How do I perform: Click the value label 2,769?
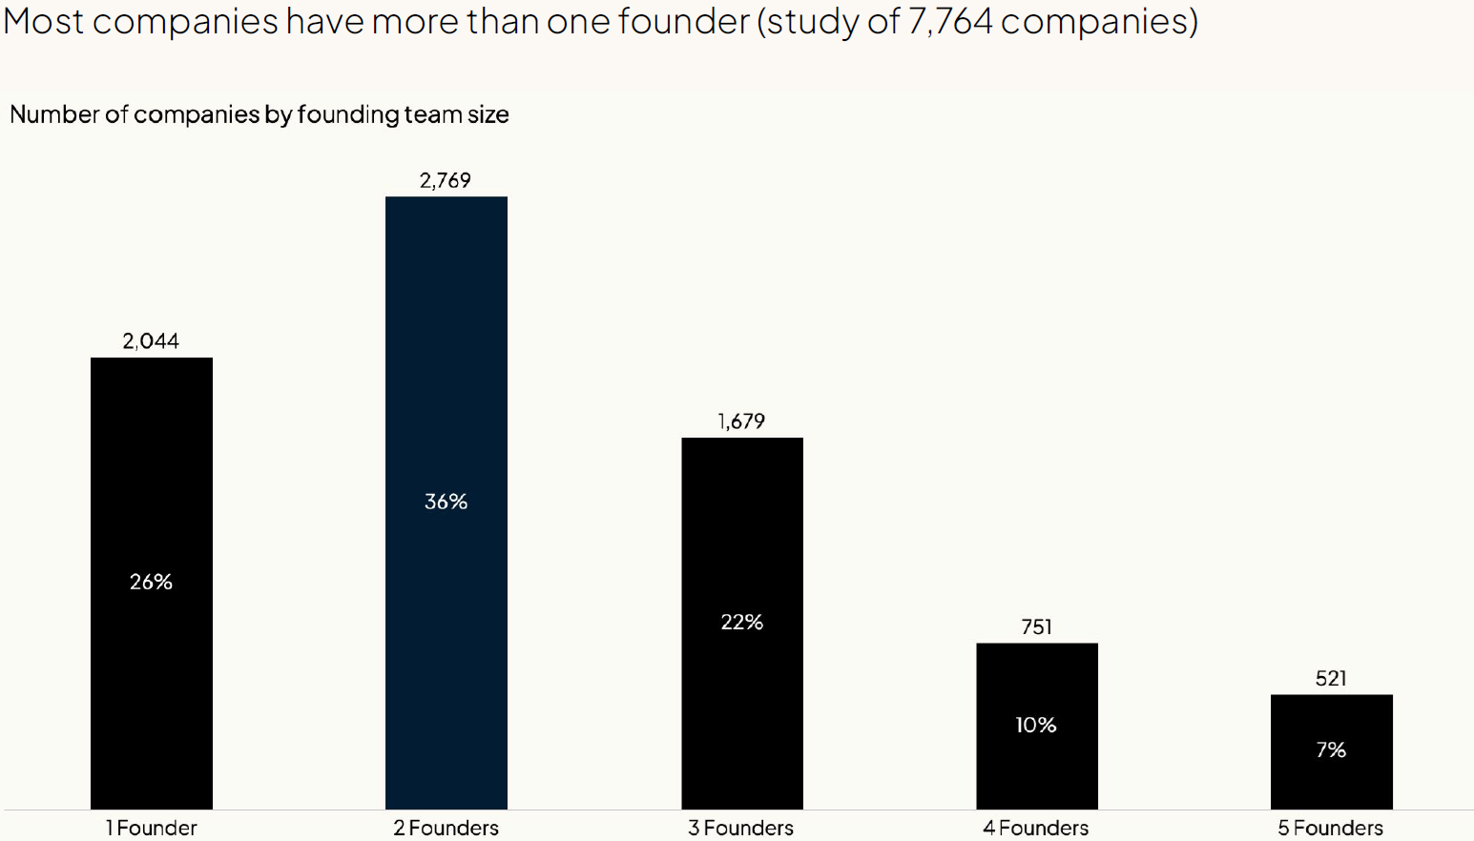[446, 180]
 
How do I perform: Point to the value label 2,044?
[151, 341]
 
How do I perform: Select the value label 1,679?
[741, 421]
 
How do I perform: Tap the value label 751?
[1037, 627]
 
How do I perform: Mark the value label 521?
[1331, 679]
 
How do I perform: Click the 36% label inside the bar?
[446, 502]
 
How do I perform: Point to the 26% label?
[152, 582]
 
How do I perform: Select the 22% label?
[742, 623]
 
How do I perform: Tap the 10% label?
[1036, 726]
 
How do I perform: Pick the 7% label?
[1331, 750]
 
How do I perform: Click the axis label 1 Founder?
[152, 828]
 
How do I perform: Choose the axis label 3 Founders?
[741, 828]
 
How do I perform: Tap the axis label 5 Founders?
[1331, 828]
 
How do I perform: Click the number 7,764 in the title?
[950, 21]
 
